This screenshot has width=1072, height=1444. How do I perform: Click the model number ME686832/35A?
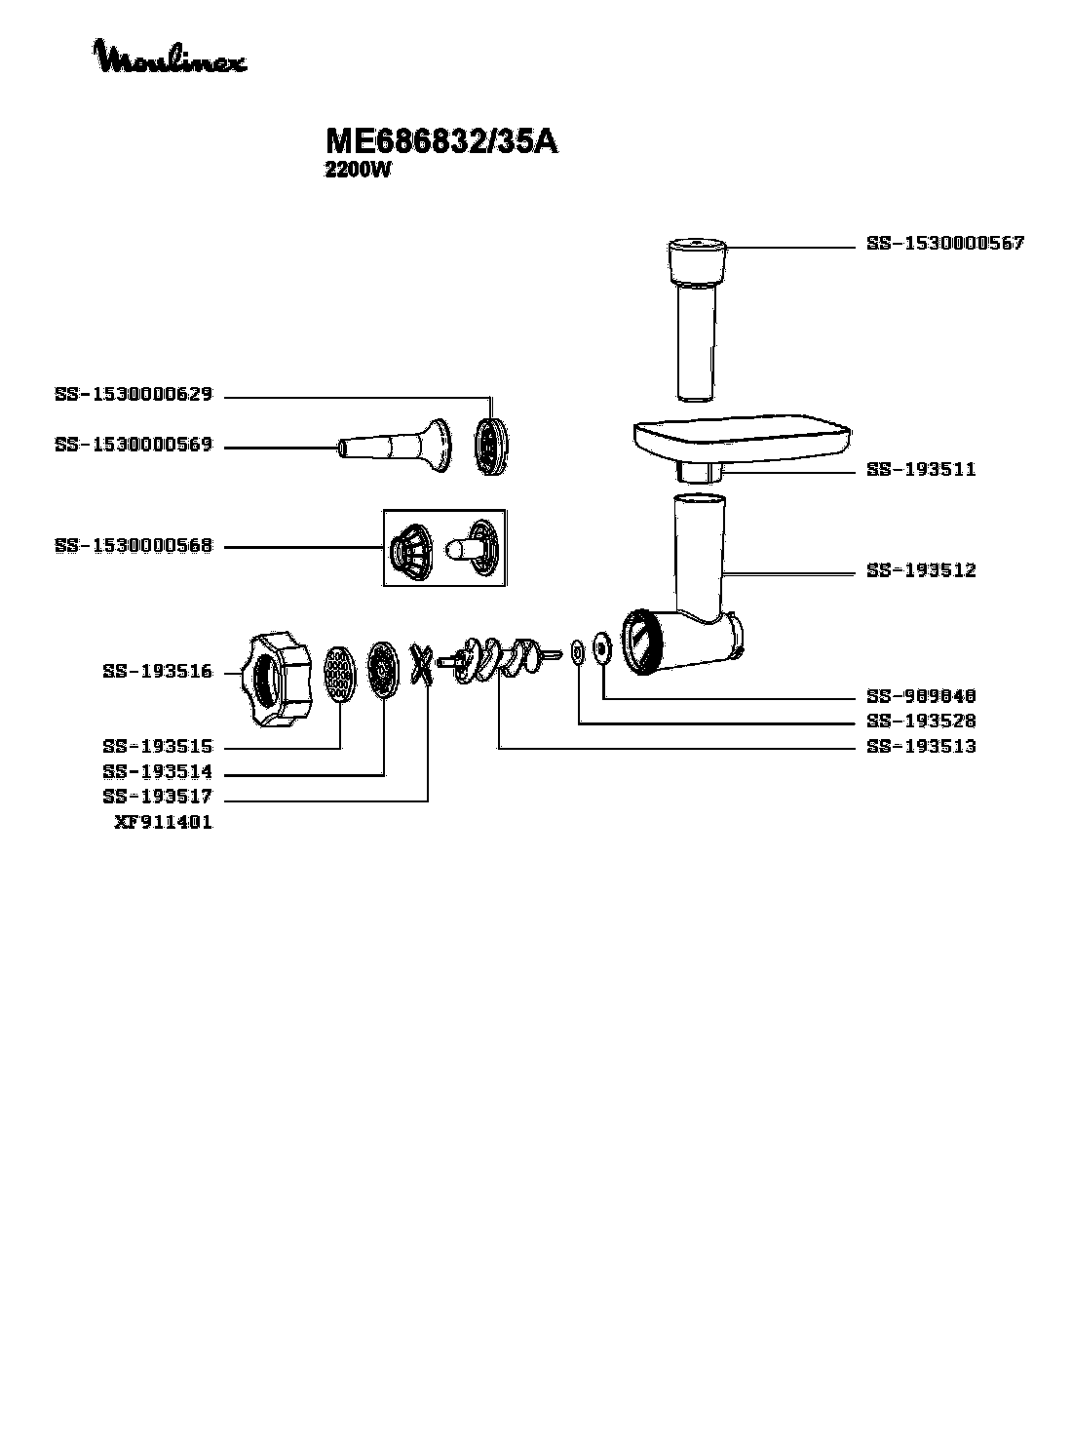(441, 142)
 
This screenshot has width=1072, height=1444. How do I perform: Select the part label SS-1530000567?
(944, 244)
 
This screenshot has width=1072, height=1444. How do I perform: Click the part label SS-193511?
(920, 469)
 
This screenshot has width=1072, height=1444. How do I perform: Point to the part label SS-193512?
(920, 570)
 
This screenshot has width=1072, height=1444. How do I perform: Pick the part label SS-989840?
(920, 696)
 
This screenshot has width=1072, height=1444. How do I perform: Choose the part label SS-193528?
(920, 722)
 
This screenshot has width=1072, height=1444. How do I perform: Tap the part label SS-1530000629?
(134, 396)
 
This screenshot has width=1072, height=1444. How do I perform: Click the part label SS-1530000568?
(134, 546)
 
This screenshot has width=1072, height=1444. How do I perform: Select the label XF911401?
(163, 822)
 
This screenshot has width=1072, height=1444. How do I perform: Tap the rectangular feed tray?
(741, 438)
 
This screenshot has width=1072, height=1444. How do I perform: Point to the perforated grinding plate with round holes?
(338, 673)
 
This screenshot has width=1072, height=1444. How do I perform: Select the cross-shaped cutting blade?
(422, 666)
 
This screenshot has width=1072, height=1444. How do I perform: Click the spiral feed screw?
(502, 658)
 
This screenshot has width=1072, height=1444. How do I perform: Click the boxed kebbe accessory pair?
(444, 547)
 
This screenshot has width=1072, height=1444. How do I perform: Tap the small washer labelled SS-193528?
(578, 650)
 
